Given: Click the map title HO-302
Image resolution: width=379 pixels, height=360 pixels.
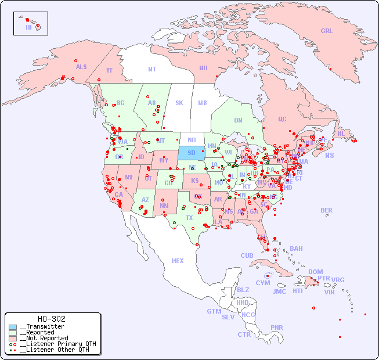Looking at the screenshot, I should [51, 319].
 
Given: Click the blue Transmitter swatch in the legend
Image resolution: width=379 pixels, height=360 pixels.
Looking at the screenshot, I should [13, 327].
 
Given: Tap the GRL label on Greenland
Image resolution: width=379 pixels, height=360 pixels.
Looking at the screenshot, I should [327, 31].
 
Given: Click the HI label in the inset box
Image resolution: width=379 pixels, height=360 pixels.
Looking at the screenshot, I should [28, 27].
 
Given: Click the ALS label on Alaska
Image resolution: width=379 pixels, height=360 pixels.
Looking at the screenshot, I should [81, 67].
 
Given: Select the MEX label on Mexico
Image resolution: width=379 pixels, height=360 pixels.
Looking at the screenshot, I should [178, 261].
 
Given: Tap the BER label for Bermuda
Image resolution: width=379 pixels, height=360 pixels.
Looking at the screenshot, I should [327, 210].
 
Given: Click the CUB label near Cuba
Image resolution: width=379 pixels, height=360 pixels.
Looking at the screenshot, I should [247, 255].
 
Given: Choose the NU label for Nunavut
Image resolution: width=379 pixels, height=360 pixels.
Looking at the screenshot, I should [203, 68].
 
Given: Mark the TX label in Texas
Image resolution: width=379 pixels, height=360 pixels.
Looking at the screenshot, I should [189, 218].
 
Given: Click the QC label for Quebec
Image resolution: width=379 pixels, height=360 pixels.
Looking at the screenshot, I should [282, 119].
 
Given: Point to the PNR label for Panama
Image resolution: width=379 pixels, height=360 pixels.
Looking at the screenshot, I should [277, 327].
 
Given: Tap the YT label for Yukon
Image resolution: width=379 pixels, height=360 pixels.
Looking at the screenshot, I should [109, 70].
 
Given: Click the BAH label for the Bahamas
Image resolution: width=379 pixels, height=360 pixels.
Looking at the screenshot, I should [296, 249].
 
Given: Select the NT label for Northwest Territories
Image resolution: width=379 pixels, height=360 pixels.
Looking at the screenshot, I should [152, 69].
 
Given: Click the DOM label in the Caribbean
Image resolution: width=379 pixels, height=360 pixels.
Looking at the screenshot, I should [315, 272].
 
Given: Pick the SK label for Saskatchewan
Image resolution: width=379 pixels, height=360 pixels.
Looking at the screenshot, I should [179, 103].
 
